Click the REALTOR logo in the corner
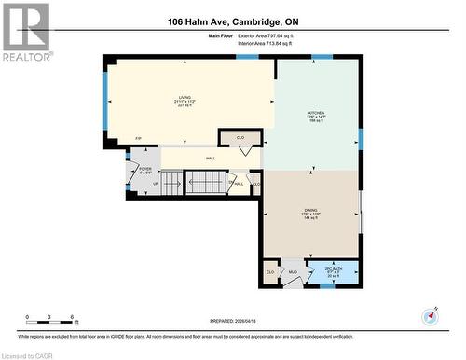tap(25, 31)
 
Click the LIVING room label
tap(185, 101)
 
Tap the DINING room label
tap(310, 214)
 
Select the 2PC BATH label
tap(335, 272)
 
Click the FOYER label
tap(144, 171)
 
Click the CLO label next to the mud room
tap(270, 271)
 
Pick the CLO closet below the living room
tap(240, 138)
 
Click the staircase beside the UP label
tap(205, 182)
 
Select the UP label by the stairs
tap(155, 184)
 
